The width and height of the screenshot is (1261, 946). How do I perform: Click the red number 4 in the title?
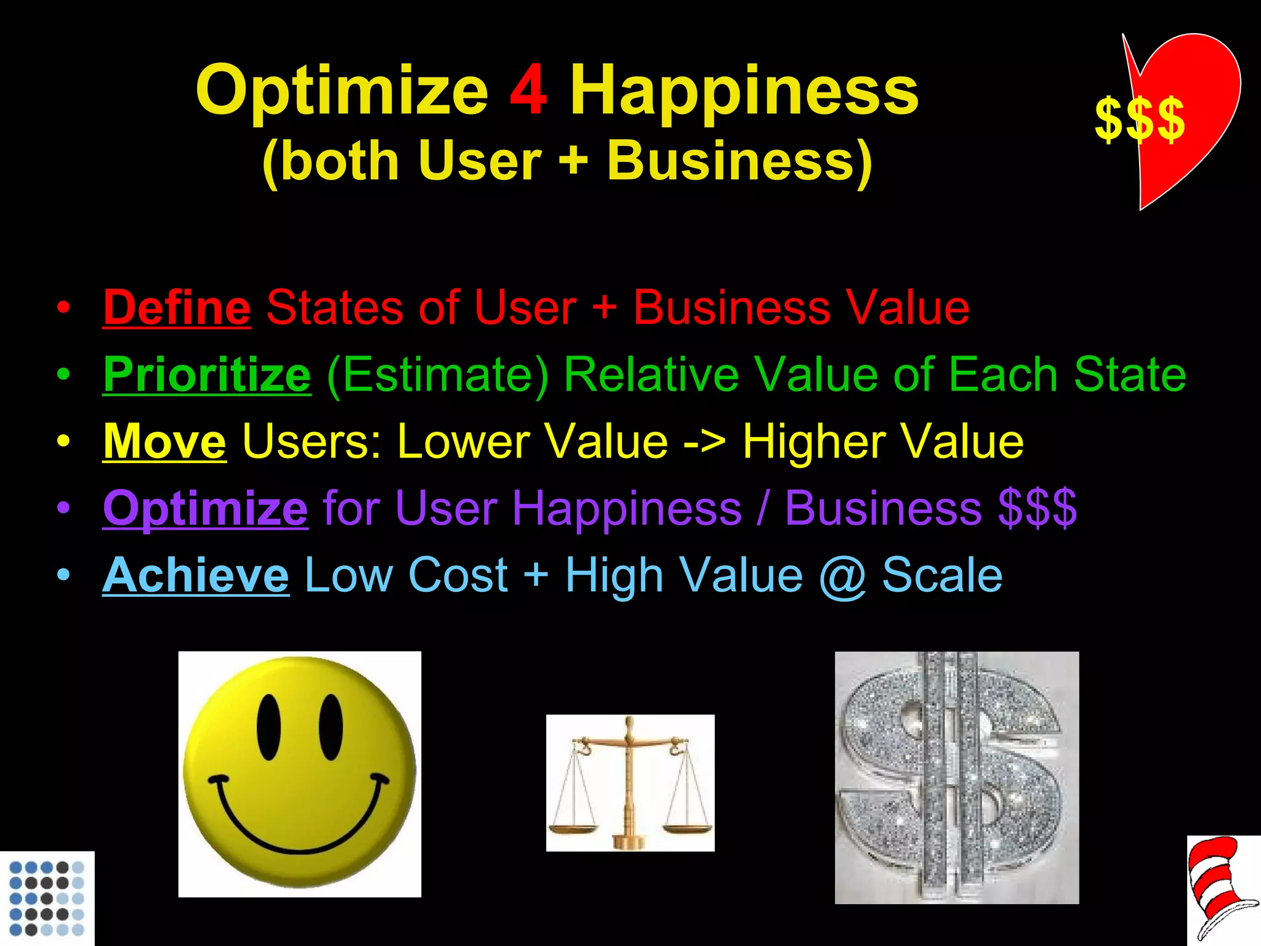(x=528, y=91)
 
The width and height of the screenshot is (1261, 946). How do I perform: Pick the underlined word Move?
(x=164, y=441)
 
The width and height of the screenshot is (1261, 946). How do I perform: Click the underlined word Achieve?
(x=195, y=575)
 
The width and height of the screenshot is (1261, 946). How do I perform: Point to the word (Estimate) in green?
(x=437, y=374)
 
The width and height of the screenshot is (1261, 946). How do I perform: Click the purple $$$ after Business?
(x=1037, y=508)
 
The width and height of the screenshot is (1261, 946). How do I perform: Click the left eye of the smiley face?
(x=268, y=727)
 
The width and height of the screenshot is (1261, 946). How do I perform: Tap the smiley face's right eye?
(x=331, y=727)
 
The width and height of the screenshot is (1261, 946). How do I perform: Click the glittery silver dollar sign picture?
(x=956, y=777)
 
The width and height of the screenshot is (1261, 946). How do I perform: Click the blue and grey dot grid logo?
(x=47, y=899)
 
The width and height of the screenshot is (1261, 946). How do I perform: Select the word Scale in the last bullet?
(x=942, y=575)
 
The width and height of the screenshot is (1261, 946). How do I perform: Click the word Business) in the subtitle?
(x=739, y=160)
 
